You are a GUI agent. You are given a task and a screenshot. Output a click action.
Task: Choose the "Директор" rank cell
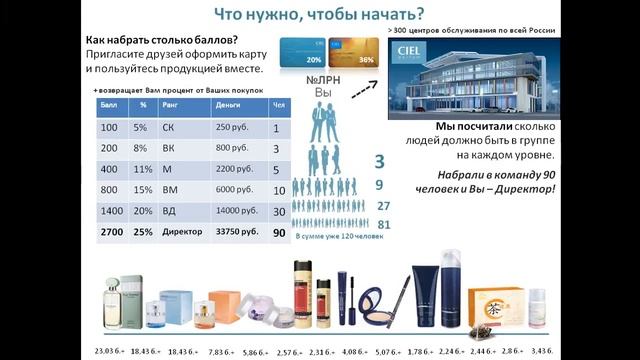click(x=180, y=232)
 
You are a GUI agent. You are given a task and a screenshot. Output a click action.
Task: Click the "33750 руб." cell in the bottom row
click(x=236, y=232)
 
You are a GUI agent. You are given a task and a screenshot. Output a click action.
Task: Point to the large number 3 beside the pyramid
click(x=380, y=162)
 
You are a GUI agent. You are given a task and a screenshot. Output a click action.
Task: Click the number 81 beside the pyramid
click(x=384, y=226)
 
